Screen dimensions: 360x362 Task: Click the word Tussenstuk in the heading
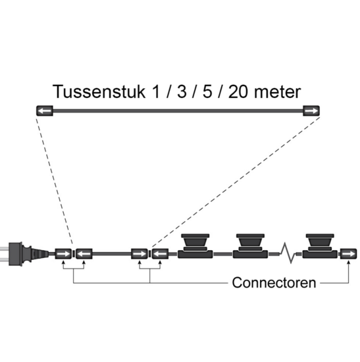[x=99, y=91]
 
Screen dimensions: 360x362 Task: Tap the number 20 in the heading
[x=238, y=91]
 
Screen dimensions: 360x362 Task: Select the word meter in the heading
[x=277, y=92]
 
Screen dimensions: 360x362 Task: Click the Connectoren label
[x=274, y=282]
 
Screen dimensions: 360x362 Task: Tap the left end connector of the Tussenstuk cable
[x=45, y=111]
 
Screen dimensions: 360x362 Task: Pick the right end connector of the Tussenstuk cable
[x=311, y=111]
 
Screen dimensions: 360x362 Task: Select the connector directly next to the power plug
[x=63, y=254]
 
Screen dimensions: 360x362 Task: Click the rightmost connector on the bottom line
[x=348, y=254]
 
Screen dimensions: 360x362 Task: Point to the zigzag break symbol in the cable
[x=288, y=253]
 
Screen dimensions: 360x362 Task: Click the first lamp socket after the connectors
[x=195, y=246]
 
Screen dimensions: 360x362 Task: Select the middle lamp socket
[x=250, y=246]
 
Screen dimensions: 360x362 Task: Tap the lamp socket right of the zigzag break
[x=320, y=246]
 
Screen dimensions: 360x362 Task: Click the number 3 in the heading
[x=182, y=91]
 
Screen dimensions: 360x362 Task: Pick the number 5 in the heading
[x=207, y=91]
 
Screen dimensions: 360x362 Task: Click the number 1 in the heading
[x=157, y=91]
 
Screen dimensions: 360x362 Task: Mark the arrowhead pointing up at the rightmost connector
[x=348, y=262]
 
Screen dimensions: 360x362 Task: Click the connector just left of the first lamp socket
[x=161, y=254]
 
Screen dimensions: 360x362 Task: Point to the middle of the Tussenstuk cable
[x=178, y=111]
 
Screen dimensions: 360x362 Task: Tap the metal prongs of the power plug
[x=5, y=254]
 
